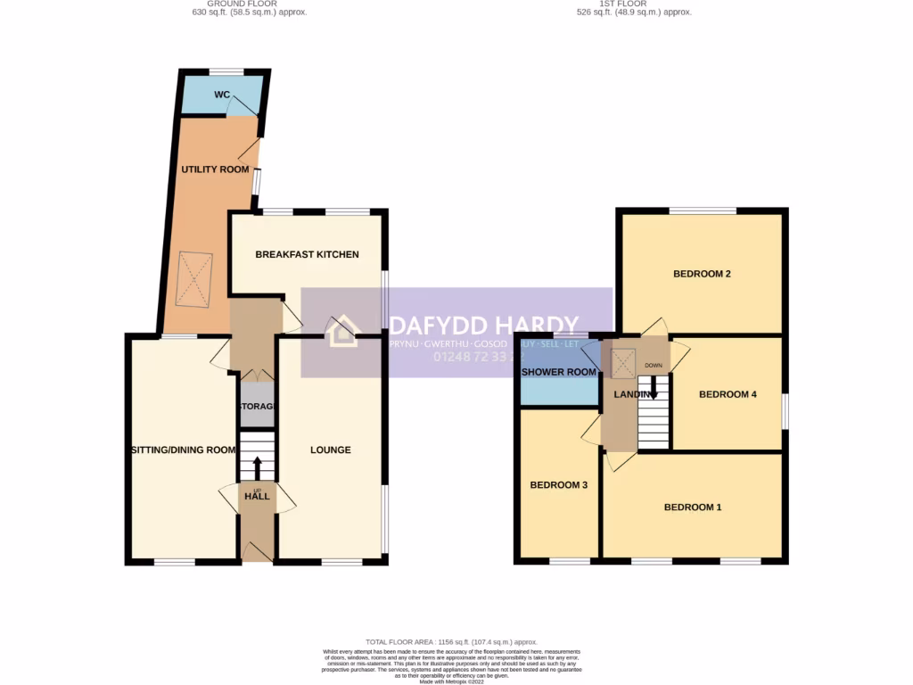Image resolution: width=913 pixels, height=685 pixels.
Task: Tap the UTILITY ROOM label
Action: pyautogui.click(x=215, y=169)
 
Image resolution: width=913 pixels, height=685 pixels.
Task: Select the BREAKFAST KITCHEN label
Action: pyautogui.click(x=307, y=254)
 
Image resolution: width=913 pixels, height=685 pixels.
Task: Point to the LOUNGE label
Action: pyautogui.click(x=330, y=450)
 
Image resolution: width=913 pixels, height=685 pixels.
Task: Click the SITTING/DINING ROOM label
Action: pyautogui.click(x=183, y=450)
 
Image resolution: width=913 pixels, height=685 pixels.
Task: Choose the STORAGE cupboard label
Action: pyautogui.click(x=256, y=407)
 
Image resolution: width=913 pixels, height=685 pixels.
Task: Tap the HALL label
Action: pyautogui.click(x=258, y=496)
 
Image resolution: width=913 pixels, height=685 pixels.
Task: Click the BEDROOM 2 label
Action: pyautogui.click(x=702, y=274)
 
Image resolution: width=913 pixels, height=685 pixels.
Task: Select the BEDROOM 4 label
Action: pyautogui.click(x=728, y=393)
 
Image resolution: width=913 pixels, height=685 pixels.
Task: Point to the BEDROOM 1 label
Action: pyautogui.click(x=692, y=507)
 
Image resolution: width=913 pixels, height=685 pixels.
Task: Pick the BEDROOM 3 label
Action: pyautogui.click(x=558, y=485)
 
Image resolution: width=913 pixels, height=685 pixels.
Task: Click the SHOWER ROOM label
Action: pyautogui.click(x=558, y=372)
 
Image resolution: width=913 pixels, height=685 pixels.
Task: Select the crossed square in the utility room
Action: pyautogui.click(x=195, y=279)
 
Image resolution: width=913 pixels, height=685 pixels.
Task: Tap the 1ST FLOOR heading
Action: pyautogui.click(x=634, y=4)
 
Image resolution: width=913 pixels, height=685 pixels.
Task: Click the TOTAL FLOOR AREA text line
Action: pyautogui.click(x=451, y=641)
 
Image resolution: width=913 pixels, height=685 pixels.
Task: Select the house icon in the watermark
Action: pyautogui.click(x=341, y=332)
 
